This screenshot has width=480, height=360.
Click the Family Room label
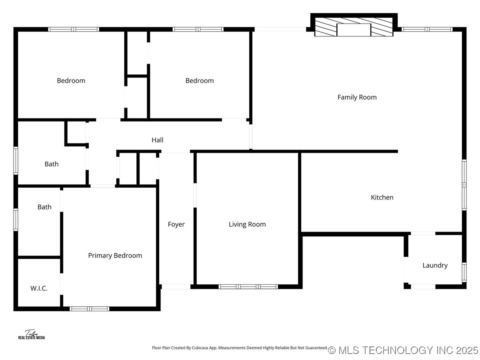tap(357, 97)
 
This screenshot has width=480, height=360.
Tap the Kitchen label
tap(382, 197)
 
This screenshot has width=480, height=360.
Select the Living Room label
tap(247, 224)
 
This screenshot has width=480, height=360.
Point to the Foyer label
tap(176, 224)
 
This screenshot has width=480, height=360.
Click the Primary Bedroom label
tap(115, 256)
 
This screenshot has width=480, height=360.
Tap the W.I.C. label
tap(39, 288)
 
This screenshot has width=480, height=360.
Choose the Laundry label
tap(435, 265)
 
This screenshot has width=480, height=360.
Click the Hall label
tap(157, 140)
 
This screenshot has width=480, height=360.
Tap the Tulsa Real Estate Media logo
tap(32, 335)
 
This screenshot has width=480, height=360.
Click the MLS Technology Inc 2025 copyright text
tap(403, 350)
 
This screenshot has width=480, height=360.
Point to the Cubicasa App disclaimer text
tap(240, 348)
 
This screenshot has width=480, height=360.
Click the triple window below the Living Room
tap(248, 286)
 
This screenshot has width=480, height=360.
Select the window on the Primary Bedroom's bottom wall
tap(90, 309)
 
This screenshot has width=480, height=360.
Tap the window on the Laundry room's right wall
tap(464, 272)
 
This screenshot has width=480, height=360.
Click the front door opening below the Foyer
tap(176, 286)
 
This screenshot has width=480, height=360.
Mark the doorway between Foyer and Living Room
tap(195, 195)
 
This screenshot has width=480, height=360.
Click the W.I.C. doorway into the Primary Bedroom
tap(62, 284)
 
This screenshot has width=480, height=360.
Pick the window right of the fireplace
tap(427, 29)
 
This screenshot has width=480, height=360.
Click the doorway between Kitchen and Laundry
tap(423, 234)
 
